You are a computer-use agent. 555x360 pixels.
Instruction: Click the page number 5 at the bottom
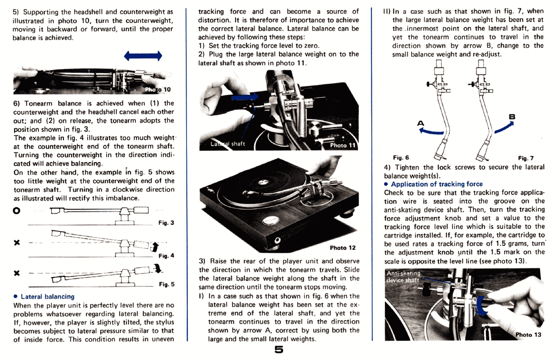tap(278, 349)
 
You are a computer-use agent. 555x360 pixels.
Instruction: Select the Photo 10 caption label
tap(158, 89)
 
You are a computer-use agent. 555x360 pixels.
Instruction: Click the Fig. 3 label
tap(166, 223)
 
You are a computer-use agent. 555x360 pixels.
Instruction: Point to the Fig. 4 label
tap(166, 256)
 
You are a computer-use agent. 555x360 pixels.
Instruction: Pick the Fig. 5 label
tap(166, 284)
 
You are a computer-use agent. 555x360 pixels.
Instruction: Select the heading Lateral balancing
tap(47, 297)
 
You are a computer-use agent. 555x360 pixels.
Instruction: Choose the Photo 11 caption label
tap(342, 145)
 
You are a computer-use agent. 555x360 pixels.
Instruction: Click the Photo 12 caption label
tap(342, 248)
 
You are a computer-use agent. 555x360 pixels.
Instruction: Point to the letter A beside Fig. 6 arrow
tap(420, 123)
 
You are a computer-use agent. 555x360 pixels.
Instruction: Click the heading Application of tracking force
tap(436, 184)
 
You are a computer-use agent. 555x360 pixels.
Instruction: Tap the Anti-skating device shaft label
tap(403, 276)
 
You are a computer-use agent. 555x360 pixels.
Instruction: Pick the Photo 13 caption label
tap(528, 335)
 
